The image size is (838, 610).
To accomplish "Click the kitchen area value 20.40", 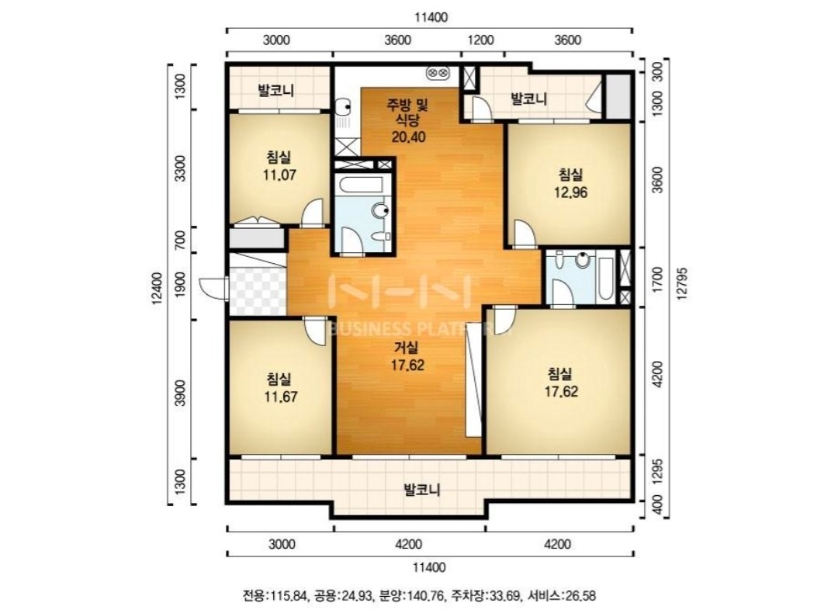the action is click(x=408, y=137).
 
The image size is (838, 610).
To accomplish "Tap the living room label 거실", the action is click(x=406, y=348).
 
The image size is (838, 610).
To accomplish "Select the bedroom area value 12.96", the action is click(x=570, y=192).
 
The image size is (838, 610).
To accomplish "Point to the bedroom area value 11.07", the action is click(x=279, y=175).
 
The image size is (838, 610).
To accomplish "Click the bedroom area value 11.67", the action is click(x=281, y=397).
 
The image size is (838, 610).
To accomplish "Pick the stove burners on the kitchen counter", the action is click(x=438, y=72).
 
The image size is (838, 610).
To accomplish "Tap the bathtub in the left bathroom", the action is click(x=362, y=185).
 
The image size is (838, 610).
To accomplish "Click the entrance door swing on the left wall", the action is click(x=213, y=287).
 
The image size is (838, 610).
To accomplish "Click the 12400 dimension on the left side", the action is click(x=157, y=289).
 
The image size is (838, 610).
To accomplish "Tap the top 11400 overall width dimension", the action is click(x=431, y=18).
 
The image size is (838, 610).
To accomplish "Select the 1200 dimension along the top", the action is click(x=481, y=40).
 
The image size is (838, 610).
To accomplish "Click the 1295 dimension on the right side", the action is click(x=658, y=471).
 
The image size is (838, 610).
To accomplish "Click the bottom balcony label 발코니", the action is click(x=422, y=490).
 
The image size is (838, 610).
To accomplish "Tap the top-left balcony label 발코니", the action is click(x=276, y=90).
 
